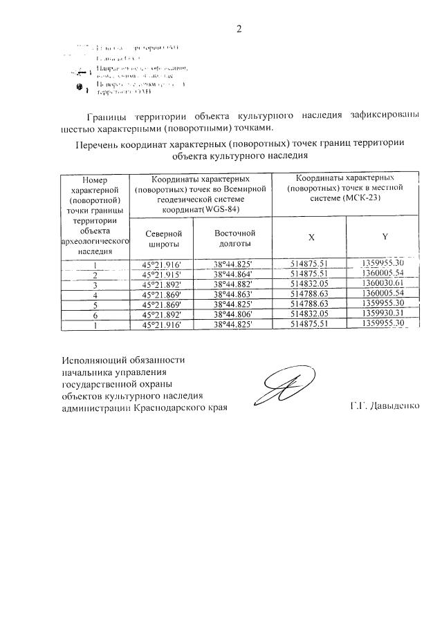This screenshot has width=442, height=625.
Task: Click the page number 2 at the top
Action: click(239, 28)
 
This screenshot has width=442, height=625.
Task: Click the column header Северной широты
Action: click(165, 239)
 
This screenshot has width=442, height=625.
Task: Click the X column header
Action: click(311, 237)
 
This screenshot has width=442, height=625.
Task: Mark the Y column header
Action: click(384, 237)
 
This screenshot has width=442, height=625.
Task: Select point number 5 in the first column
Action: click(95, 305)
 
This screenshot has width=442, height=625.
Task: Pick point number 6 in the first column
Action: click(95, 314)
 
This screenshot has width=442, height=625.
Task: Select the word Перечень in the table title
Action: click(96, 144)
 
